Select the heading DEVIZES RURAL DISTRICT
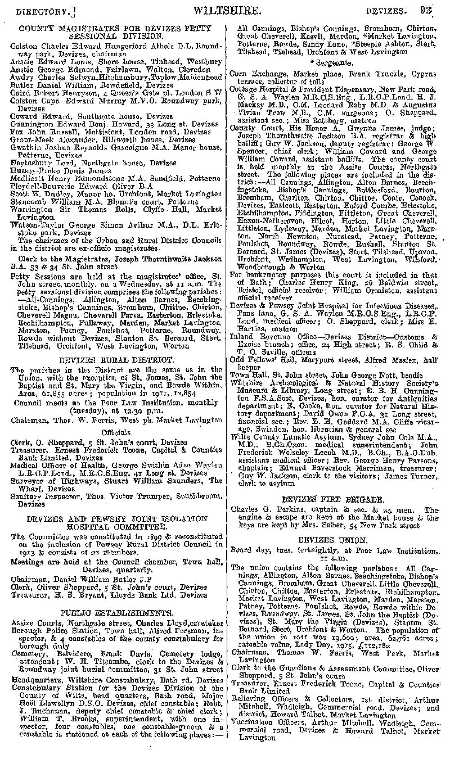coord(117,359)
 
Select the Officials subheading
coord(117,430)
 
